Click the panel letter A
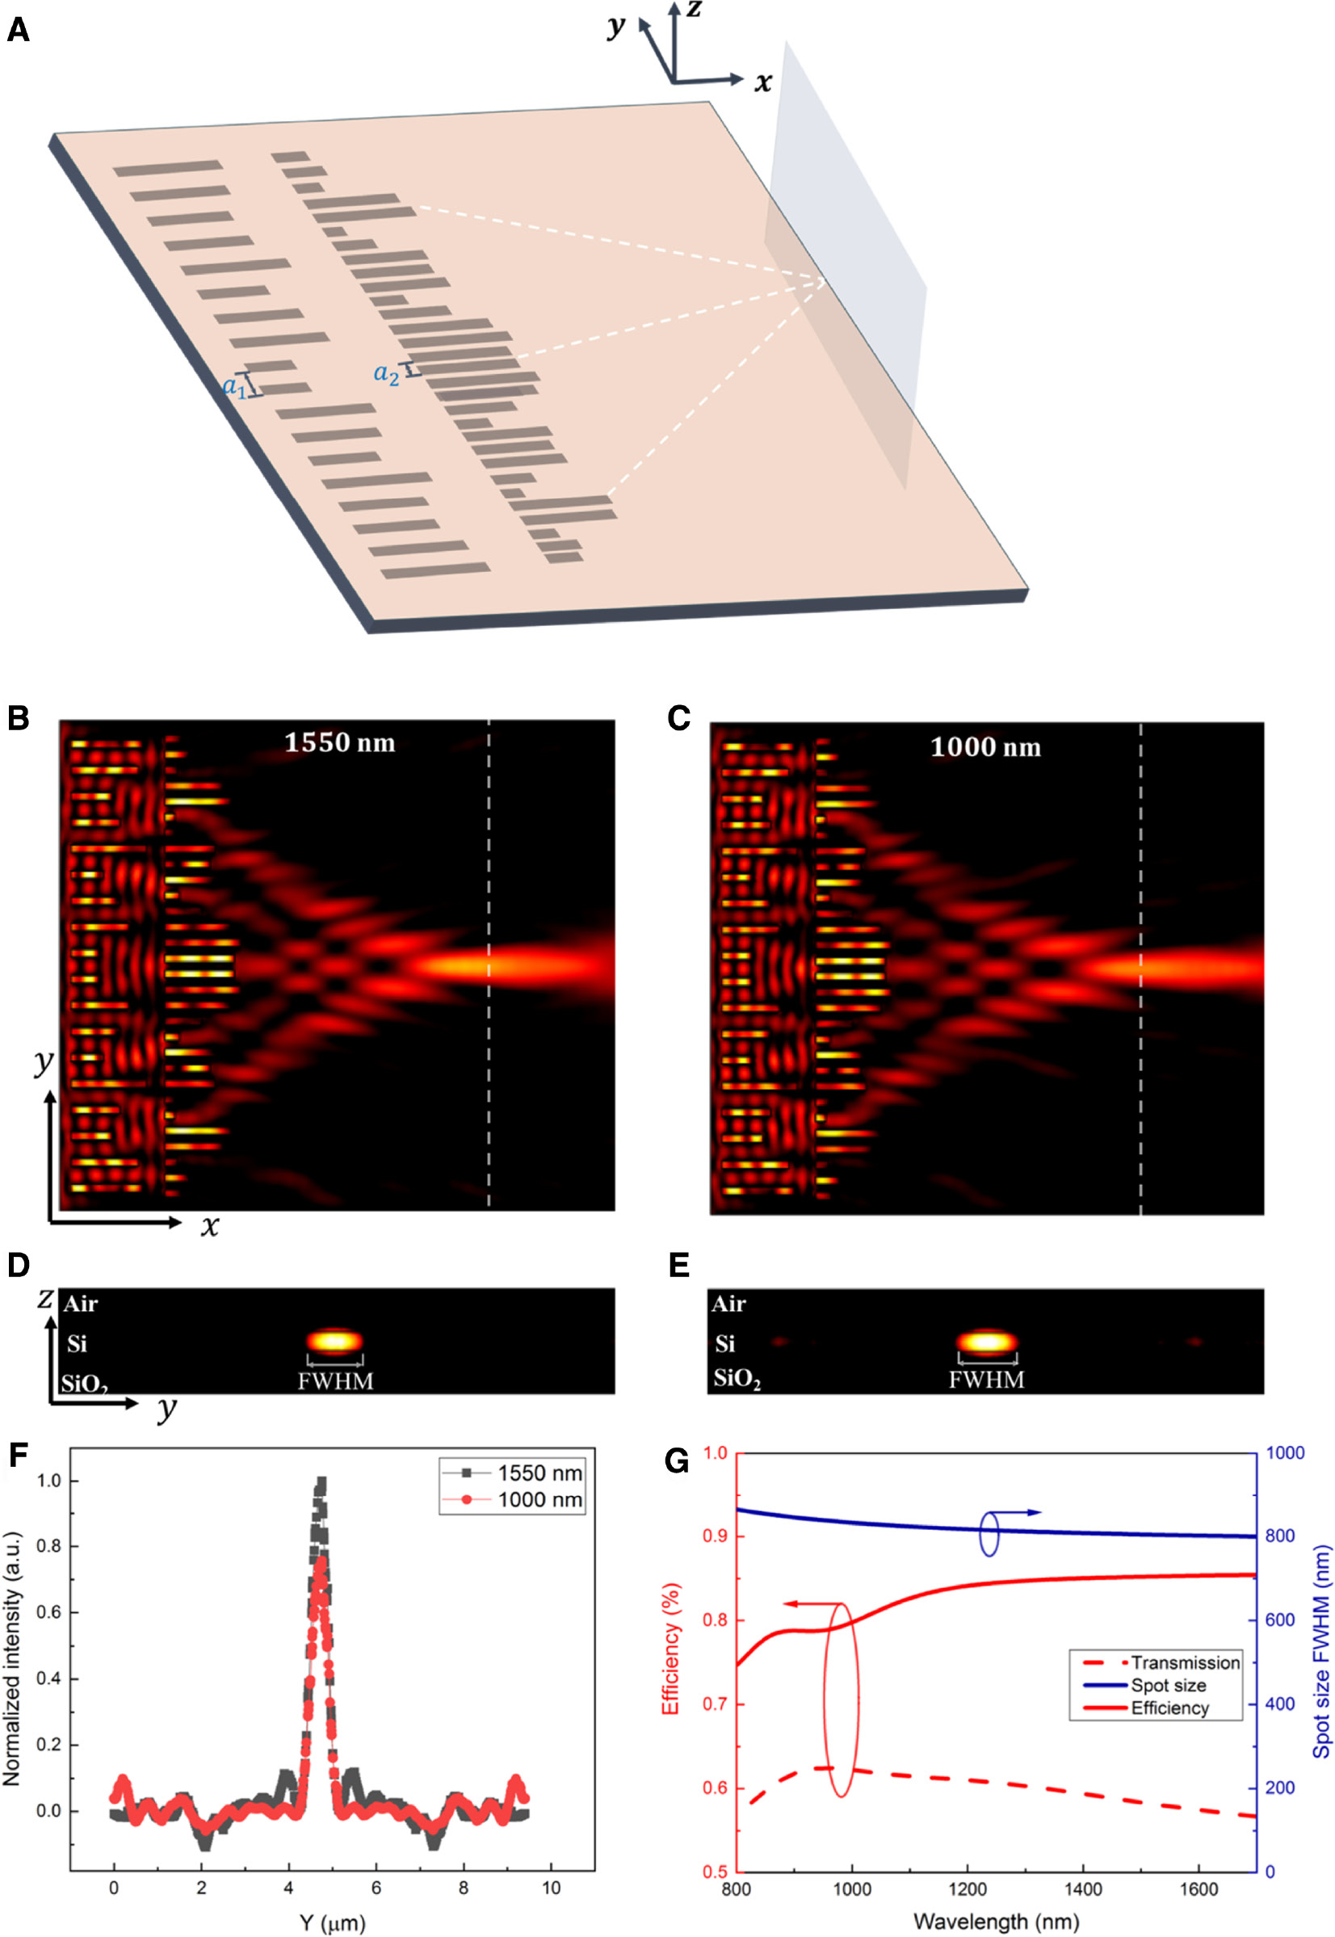[x=18, y=31]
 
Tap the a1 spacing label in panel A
[x=234, y=386]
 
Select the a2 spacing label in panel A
[x=385, y=373]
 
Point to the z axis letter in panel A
[x=694, y=10]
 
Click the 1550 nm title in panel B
[x=339, y=742]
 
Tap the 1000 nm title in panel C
[x=985, y=747]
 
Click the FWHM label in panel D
[x=335, y=1380]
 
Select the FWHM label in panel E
[x=986, y=1379]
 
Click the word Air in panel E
[x=728, y=1304]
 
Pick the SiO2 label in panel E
[x=737, y=1378]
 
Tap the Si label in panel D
[x=77, y=1343]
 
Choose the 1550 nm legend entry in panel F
[x=539, y=1473]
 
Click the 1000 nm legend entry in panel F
[x=539, y=1499]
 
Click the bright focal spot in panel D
[x=334, y=1342]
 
